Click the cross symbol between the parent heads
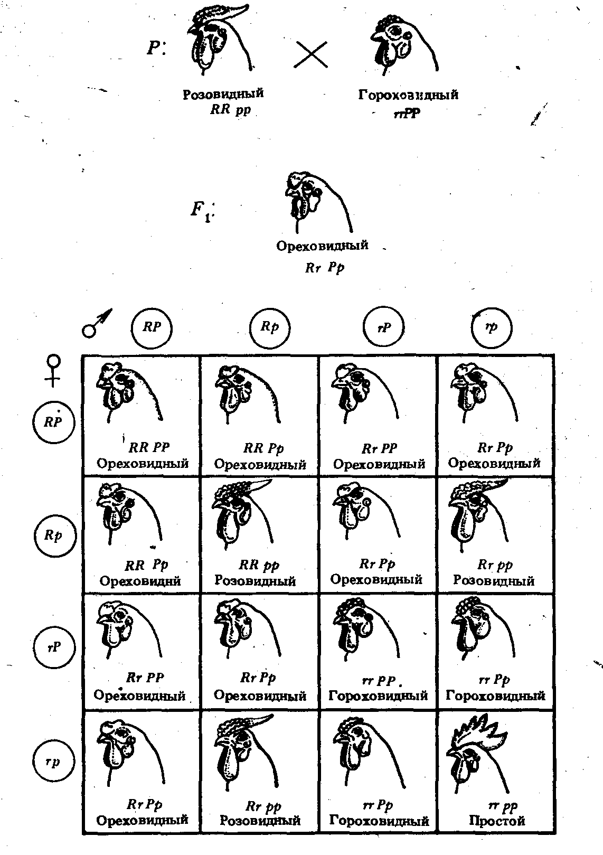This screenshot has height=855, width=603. pos(310,54)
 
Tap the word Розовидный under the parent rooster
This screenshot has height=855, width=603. pos(223,94)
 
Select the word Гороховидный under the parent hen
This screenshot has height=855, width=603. pos(408,95)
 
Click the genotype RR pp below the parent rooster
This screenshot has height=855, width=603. pos(231,110)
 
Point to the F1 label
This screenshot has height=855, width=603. pos(202,211)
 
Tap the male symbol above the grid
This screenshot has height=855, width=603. pos(97,324)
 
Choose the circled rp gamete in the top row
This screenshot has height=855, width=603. pos(491,327)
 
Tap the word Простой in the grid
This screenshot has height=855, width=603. pos(497,820)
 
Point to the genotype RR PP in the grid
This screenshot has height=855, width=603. pos(149,447)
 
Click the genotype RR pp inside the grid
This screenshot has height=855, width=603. pos(259,566)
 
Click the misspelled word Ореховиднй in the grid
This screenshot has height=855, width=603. pos(140,581)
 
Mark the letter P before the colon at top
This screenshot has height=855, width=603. pos(154,48)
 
